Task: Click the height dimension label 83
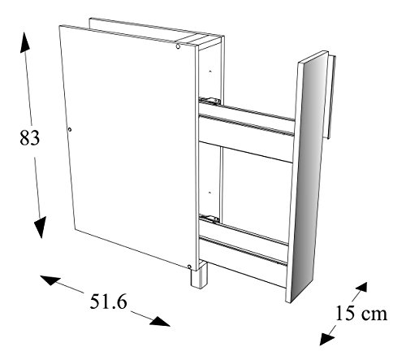(x=30, y=137)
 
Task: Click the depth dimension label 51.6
(x=108, y=301)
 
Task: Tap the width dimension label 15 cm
(x=361, y=313)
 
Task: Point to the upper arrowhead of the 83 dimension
(x=24, y=42)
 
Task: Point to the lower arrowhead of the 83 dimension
(x=40, y=228)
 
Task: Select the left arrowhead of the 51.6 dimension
(x=50, y=280)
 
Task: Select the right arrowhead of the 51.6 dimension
(x=160, y=321)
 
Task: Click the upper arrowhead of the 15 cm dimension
(x=361, y=288)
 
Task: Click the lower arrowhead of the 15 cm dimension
(x=326, y=339)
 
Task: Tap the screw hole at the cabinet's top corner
(x=178, y=46)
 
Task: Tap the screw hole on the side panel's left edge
(x=70, y=130)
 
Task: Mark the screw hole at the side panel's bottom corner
(x=189, y=267)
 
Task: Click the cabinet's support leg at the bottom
(x=199, y=275)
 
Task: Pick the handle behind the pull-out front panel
(x=331, y=97)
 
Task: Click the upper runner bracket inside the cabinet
(x=210, y=101)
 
